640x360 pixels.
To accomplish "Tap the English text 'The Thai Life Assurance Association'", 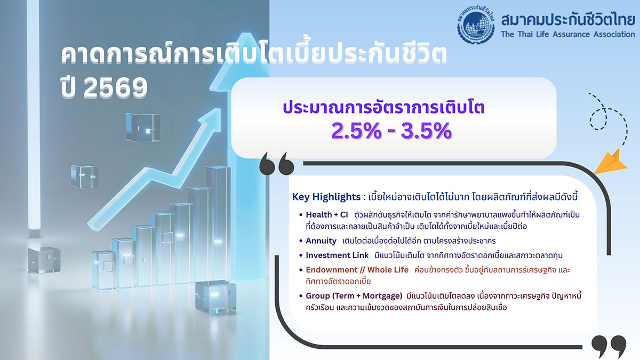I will pos(568,34).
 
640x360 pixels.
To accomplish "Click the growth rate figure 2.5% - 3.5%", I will pos(391,131).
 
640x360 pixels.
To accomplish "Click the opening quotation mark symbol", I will pos(276,164).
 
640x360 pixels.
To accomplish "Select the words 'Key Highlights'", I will pos(326,197).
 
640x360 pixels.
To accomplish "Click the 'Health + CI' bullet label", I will pos(325,215).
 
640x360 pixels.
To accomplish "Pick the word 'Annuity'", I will pos(321,241).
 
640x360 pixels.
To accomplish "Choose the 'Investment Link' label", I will pos(336,255).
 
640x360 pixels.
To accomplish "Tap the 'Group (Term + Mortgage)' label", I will pos(354,295).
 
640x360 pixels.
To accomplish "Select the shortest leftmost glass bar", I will pos(102,269).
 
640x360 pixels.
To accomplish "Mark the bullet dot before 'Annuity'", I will pos(301,241).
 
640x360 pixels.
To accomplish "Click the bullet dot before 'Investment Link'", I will pos(301,256).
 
